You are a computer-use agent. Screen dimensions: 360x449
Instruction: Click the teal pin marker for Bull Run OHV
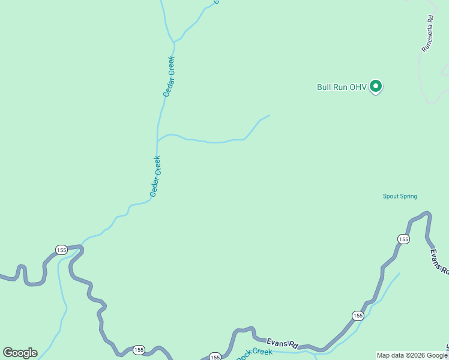(x=376, y=86)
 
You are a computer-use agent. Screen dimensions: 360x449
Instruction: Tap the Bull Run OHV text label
(x=342, y=87)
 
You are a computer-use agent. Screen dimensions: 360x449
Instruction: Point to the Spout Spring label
(x=400, y=196)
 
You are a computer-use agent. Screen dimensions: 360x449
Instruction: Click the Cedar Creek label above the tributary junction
(x=169, y=76)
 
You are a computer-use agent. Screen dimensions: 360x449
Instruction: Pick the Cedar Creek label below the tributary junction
(x=155, y=176)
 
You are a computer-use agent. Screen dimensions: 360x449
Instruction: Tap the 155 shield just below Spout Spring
(x=403, y=239)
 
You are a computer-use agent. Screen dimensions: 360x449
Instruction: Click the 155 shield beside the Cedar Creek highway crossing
(x=61, y=250)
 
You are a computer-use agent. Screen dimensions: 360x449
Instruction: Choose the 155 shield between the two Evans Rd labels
(x=358, y=316)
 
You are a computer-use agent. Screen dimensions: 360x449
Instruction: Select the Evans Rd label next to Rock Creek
(x=282, y=343)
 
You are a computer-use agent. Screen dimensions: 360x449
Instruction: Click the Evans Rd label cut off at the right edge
(x=439, y=262)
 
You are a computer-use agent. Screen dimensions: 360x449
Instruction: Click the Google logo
(x=20, y=353)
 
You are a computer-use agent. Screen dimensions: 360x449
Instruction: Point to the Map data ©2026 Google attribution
(x=412, y=355)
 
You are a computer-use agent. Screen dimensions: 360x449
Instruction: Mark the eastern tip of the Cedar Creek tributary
(x=270, y=115)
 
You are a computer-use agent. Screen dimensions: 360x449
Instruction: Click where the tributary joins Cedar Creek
(x=157, y=142)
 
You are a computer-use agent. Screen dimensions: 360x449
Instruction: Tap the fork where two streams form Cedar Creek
(x=174, y=42)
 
